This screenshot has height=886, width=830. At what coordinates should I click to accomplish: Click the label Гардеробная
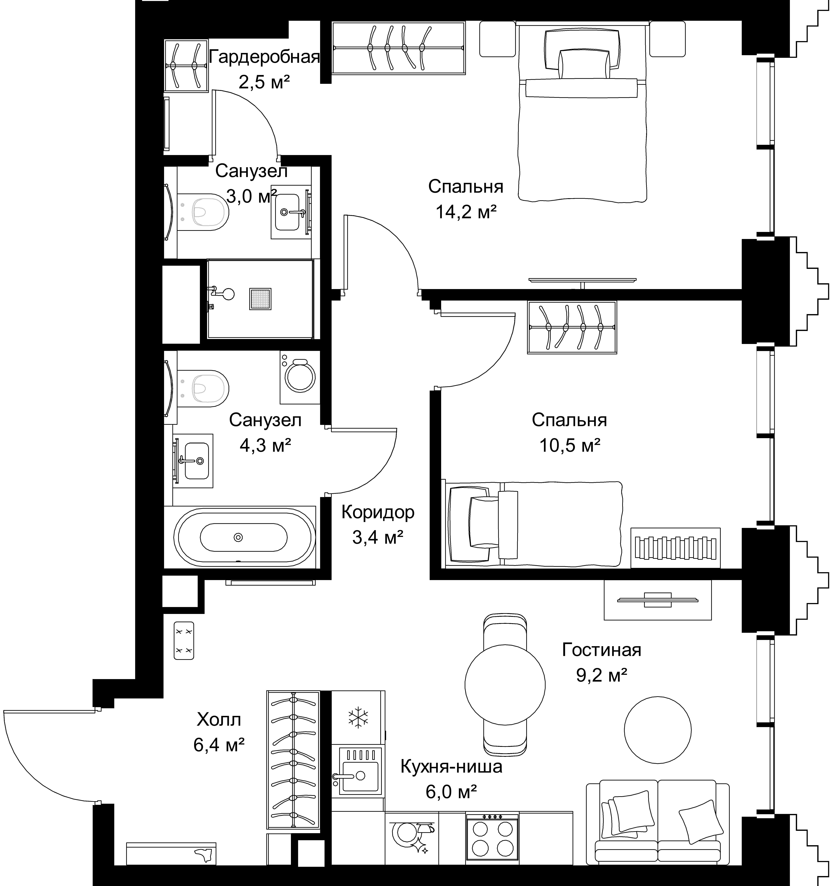tap(264, 58)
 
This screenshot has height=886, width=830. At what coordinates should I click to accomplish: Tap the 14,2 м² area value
tap(466, 212)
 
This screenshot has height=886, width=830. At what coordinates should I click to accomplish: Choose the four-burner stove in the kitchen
tap(492, 837)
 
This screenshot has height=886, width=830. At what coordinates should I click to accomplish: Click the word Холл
tap(219, 719)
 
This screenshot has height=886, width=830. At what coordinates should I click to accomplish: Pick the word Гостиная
tap(601, 650)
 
